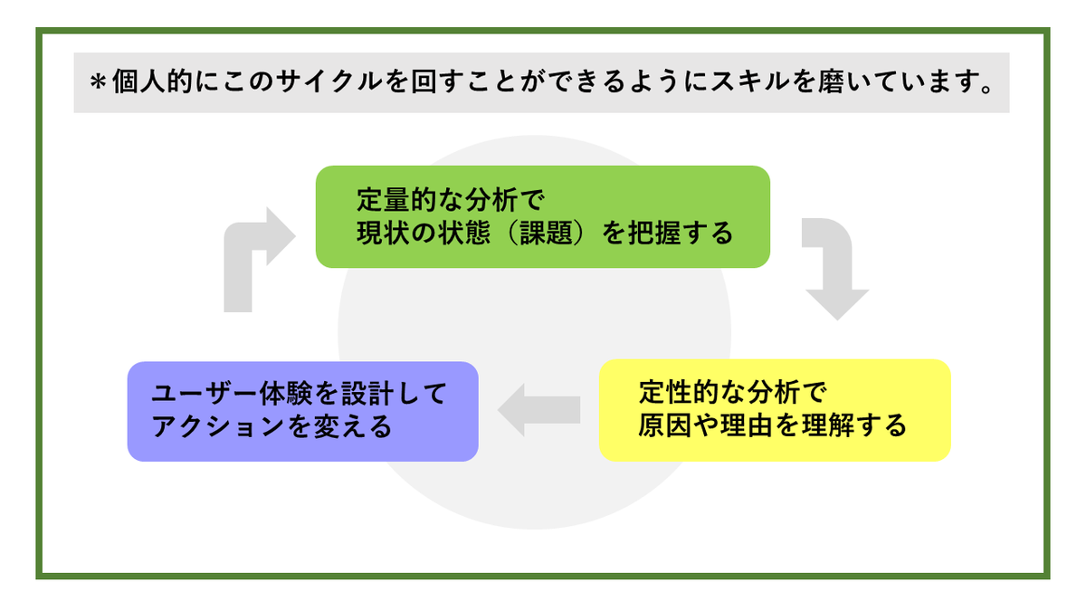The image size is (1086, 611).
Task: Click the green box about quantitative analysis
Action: [x=542, y=216]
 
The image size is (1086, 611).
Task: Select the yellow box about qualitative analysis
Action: [x=775, y=410]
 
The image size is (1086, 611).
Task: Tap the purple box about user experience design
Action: [x=303, y=411]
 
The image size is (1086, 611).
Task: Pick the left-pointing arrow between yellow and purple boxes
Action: [x=538, y=410]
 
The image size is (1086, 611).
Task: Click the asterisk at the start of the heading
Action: [x=98, y=81]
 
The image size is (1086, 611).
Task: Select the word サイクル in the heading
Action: [x=330, y=81]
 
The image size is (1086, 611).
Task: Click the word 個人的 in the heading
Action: [x=153, y=81]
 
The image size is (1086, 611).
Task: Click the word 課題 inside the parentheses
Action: [x=546, y=233]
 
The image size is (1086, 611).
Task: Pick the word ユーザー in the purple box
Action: [x=205, y=393]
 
